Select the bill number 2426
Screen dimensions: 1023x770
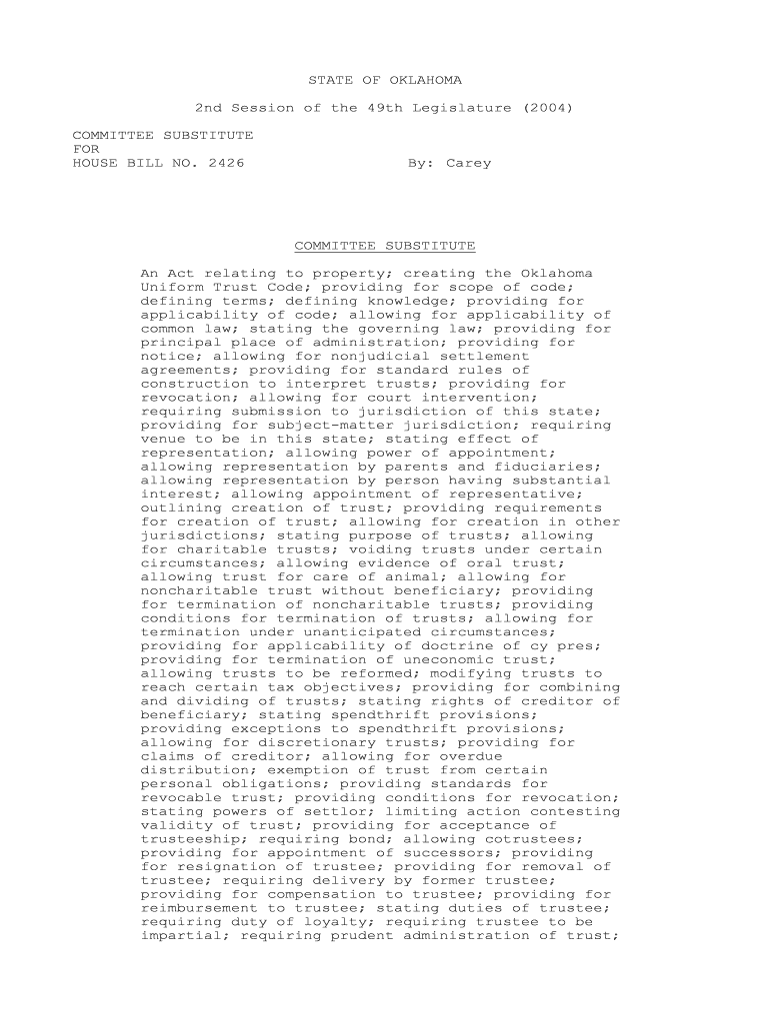click(x=226, y=163)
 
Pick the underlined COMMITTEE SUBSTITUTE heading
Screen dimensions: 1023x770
click(x=384, y=246)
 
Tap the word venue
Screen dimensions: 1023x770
click(x=163, y=439)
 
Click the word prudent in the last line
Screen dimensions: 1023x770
click(x=363, y=936)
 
